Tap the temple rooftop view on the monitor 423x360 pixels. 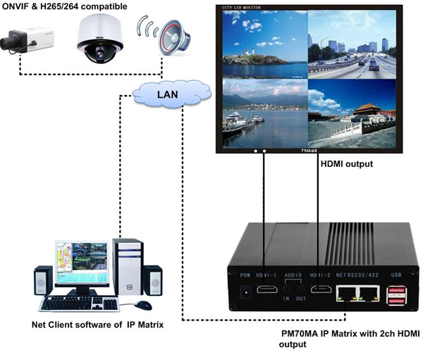[x=351, y=113]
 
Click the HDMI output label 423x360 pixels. [x=348, y=164]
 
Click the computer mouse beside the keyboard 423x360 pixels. [x=143, y=305]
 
